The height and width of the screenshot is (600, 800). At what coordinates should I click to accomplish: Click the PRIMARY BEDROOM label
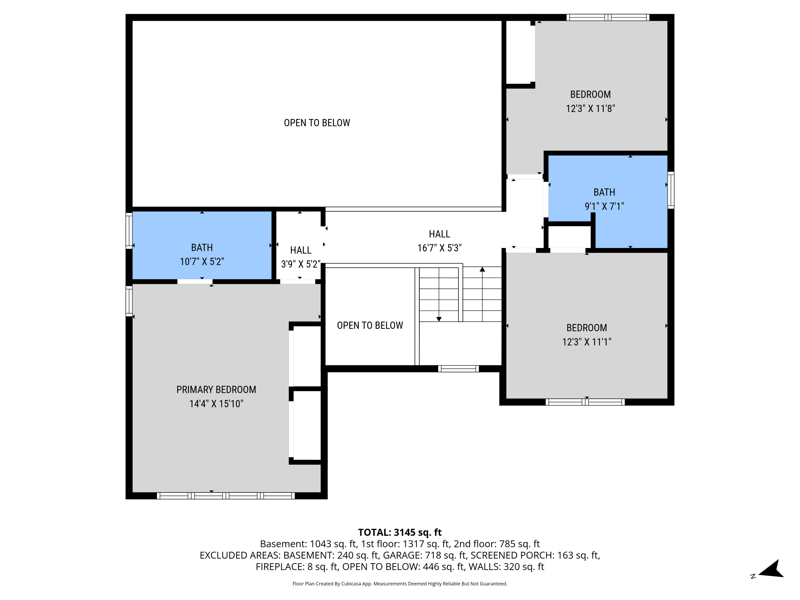216,390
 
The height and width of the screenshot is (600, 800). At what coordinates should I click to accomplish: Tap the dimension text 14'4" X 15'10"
216,404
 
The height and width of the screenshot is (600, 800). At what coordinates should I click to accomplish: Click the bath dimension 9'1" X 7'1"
604,206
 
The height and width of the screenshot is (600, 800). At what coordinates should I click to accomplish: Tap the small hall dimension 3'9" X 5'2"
300,264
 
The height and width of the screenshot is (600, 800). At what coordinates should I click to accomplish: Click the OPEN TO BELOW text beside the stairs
370,325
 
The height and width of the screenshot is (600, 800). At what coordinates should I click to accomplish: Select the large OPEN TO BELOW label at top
317,123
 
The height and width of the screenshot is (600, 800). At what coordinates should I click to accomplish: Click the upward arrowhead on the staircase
482,269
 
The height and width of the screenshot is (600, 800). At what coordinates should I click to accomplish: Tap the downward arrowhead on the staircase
439,319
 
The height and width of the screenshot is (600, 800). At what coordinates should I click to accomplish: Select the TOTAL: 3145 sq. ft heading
400,532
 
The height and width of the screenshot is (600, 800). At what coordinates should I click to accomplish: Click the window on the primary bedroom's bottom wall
226,496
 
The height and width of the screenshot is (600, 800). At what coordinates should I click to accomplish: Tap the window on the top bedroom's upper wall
607,17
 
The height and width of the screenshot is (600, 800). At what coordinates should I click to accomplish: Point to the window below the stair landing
458,369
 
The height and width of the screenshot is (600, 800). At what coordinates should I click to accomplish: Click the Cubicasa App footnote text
400,584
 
